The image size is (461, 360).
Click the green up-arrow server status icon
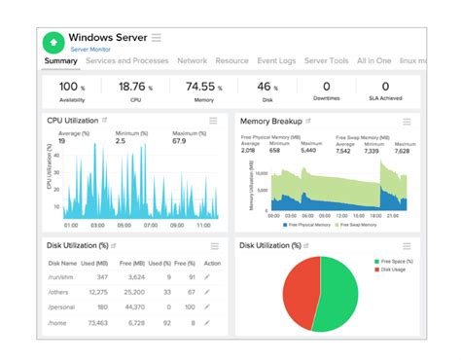[x=54, y=41]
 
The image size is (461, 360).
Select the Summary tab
[x=60, y=61]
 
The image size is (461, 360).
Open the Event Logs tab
[x=276, y=61]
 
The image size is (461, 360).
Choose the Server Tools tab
[x=327, y=61]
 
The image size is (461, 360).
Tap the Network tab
[x=192, y=61]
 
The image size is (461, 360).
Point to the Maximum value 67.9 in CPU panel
[x=180, y=141]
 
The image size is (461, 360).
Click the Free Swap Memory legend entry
[x=358, y=225]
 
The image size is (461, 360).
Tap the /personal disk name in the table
[x=63, y=306]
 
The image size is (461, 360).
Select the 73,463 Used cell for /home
[x=97, y=322]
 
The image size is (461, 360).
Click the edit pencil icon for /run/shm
[x=206, y=277]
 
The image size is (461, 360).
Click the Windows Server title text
[x=107, y=37]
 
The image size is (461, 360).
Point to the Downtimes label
[x=327, y=98]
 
